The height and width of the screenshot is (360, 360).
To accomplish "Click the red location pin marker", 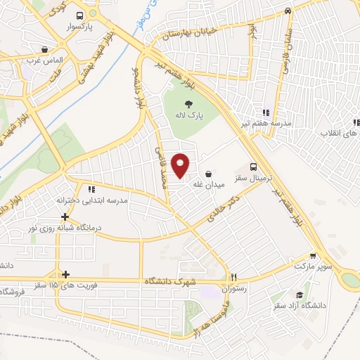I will tap(181, 165).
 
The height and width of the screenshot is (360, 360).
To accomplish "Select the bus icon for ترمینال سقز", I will tap(252, 167).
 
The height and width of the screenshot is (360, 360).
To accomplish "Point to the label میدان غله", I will tap(209, 184).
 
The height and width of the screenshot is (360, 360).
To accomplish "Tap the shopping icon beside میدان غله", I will tap(209, 173).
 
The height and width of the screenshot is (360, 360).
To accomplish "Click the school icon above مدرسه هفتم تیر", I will tap(266, 112).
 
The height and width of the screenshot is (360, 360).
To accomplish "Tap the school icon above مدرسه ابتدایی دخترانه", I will tap(91, 189).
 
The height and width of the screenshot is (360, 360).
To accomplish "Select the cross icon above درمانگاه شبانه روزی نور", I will tap(65, 217).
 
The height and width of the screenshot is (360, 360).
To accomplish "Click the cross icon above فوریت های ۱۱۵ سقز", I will tap(65, 275).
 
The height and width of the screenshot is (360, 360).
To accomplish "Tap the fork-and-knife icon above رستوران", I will tap(235, 276).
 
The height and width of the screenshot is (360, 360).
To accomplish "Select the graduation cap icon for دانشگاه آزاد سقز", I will tap(300, 295).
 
